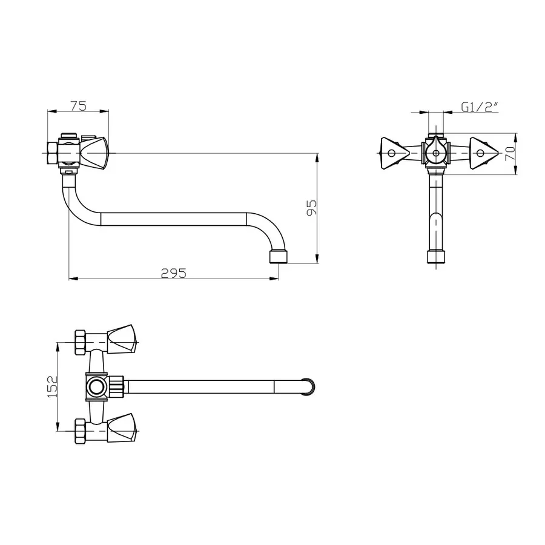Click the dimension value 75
tap(78, 105)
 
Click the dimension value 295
tap(174, 272)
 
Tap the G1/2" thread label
tap(479, 107)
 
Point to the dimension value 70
tap(509, 153)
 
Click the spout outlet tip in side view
tap(278, 256)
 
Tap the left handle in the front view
tap(392, 152)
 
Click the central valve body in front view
tap(435, 153)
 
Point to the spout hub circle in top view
tap(96, 386)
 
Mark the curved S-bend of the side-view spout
tap(75, 203)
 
